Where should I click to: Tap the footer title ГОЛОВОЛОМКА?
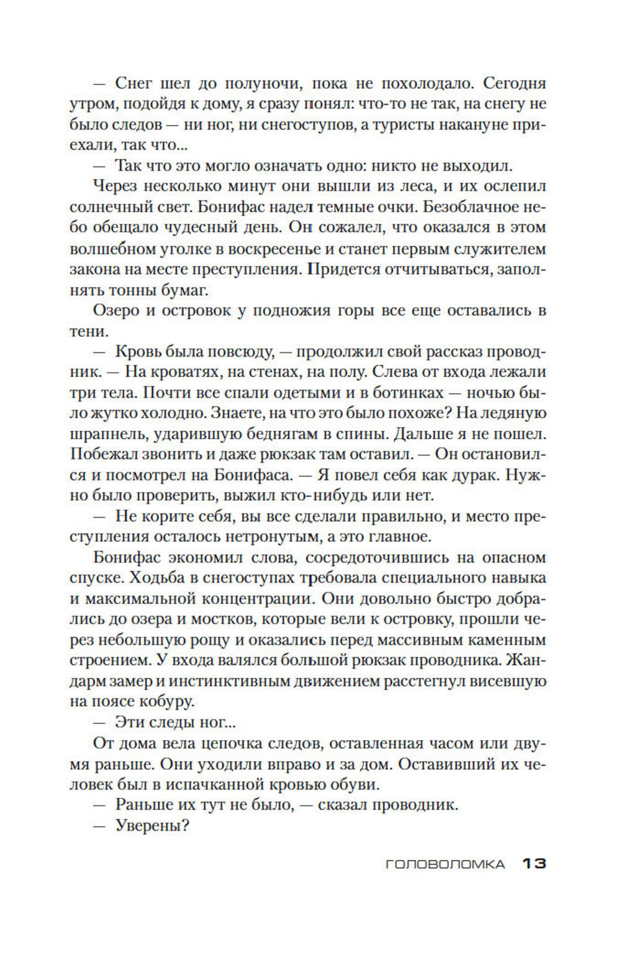coord(445,864)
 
